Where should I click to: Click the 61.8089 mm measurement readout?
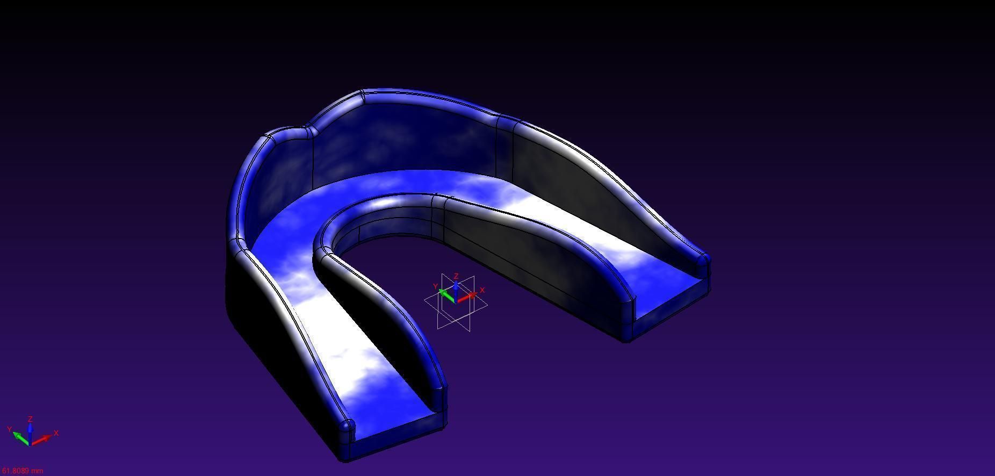pos(22,471)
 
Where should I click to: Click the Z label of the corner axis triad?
pos(31,419)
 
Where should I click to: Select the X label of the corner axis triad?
pos(56,433)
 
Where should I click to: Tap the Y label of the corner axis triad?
pos(9,429)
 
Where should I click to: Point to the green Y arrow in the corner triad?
pos(20,437)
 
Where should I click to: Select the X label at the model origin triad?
pos(482,290)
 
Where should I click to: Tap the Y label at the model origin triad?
pos(435,287)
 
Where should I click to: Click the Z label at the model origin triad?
pos(456,277)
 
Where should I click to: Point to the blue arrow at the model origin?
pos(456,289)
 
